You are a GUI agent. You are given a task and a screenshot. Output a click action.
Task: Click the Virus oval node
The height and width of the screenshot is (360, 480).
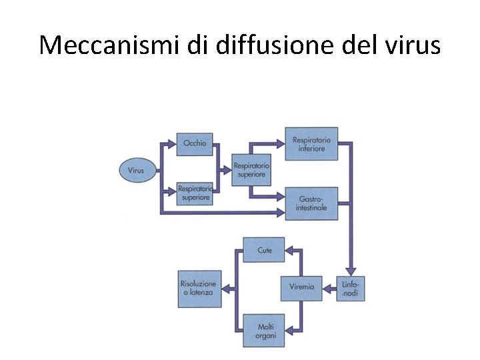136,170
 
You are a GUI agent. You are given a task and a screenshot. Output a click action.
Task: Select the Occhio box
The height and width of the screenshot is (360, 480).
195,143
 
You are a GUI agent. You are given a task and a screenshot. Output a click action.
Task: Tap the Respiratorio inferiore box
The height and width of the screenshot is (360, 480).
311,144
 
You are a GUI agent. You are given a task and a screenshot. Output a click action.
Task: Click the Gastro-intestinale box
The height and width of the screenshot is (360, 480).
311,203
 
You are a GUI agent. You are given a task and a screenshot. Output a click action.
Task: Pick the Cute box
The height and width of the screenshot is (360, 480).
264,250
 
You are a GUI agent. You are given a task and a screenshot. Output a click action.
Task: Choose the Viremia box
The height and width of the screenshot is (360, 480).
301,288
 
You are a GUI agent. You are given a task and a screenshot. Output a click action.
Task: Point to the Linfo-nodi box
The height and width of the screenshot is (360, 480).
350,288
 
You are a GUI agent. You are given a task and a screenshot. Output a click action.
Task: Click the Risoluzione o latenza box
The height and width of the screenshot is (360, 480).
199,288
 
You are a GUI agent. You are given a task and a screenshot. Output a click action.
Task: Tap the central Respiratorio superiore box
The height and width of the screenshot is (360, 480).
251,170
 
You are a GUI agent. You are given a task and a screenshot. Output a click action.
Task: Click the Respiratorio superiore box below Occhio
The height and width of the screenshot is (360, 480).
195,193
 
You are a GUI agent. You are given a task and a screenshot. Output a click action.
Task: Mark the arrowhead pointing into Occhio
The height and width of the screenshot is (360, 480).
172,143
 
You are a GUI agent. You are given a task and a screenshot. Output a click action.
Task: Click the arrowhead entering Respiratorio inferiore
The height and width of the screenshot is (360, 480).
280,143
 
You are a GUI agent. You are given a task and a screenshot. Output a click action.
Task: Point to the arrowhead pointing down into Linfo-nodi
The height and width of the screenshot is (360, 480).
350,270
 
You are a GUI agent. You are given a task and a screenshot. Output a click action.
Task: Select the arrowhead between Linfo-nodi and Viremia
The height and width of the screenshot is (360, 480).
328,288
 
